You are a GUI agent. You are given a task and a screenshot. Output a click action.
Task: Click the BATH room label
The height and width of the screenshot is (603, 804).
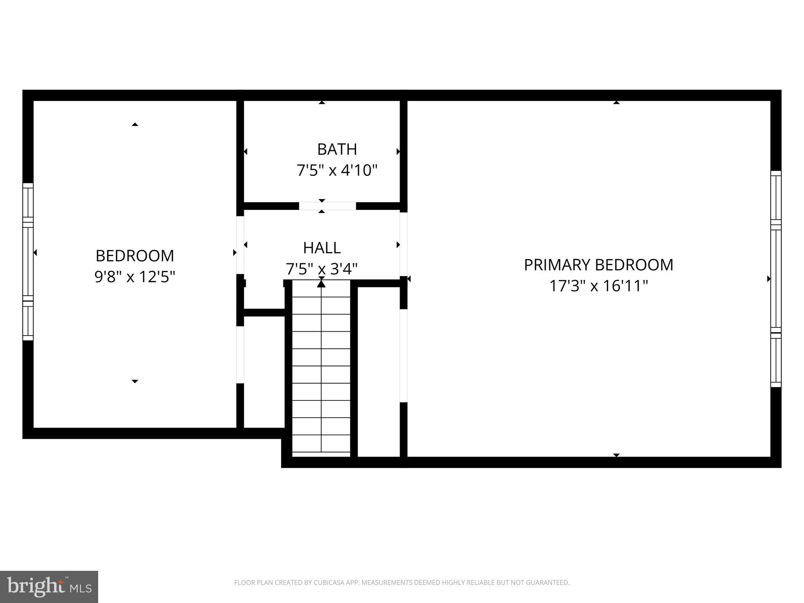point(337,150)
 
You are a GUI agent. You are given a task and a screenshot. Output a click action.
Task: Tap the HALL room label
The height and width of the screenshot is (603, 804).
point(322,248)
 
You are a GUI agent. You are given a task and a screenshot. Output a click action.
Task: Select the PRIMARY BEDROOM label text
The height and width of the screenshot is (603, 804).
point(598,265)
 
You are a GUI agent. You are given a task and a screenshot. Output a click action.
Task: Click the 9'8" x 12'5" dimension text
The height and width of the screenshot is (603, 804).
point(135,277)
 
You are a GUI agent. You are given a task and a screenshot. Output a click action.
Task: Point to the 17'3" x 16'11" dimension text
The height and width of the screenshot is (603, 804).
point(598,286)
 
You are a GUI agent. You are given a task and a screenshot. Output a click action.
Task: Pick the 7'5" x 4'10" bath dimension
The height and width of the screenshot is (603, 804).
point(337,171)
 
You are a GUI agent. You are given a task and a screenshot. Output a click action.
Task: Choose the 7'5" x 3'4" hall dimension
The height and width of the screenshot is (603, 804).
point(322,269)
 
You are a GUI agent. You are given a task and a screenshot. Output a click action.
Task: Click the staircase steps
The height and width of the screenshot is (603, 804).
point(321,373)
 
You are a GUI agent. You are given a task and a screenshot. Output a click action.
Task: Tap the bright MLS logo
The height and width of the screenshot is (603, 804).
point(49,587)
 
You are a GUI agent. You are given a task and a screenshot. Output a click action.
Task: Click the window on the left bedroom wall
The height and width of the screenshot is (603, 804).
point(28,261)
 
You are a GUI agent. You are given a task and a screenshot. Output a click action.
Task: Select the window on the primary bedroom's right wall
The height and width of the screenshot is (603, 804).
point(776,279)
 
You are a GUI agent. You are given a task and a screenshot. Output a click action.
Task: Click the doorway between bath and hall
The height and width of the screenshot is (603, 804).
point(327,206)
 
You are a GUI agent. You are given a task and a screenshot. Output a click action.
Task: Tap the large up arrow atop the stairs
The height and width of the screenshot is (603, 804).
point(321,283)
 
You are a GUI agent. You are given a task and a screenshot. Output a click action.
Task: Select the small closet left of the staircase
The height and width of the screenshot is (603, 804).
point(264,371)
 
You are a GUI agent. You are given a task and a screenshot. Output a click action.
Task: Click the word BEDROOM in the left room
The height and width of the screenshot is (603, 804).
point(135,256)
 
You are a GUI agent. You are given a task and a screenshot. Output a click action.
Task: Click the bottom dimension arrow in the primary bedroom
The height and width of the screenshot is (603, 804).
point(616,455)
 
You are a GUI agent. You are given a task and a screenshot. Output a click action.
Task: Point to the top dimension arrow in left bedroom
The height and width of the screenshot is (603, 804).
point(135,124)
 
